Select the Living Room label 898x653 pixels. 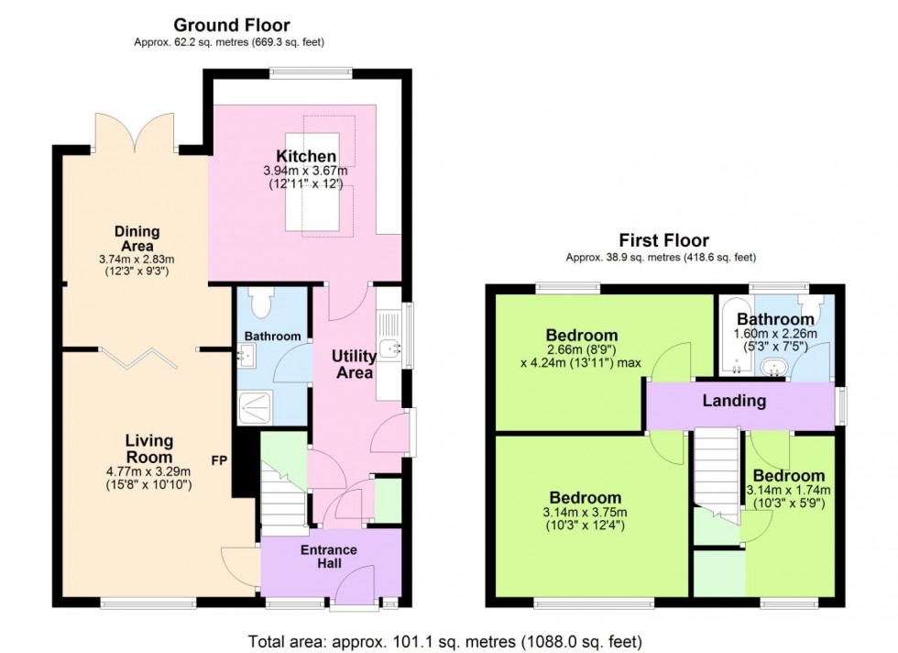pyautogui.click(x=148, y=449)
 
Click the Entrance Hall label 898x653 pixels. pyautogui.click(x=329, y=556)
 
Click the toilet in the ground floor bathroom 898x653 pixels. pyautogui.click(x=262, y=302)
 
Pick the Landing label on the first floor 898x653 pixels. pyautogui.click(x=734, y=401)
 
